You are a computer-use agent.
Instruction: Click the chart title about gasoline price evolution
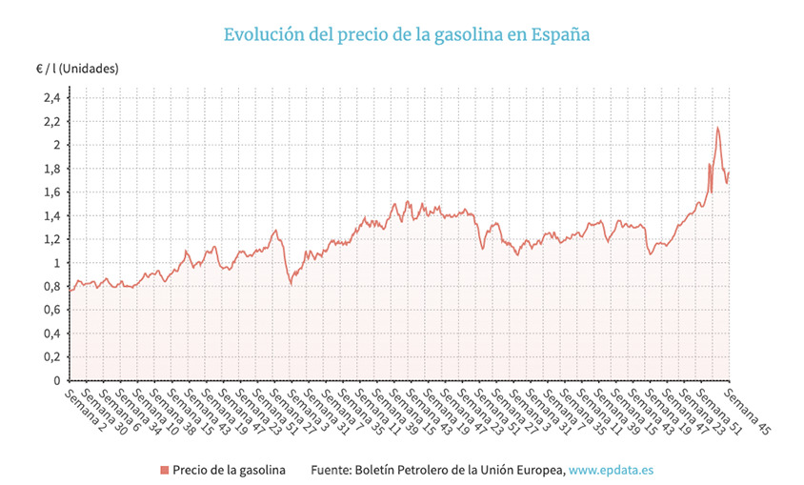(x=407, y=34)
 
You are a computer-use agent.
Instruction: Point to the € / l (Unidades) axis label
(x=77, y=70)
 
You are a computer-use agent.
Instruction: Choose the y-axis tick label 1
(x=56, y=263)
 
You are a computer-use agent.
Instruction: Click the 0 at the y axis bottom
(x=56, y=381)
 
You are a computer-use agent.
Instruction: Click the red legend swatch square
(x=164, y=470)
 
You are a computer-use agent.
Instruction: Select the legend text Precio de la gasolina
(x=229, y=470)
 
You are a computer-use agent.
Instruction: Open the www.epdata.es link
(x=613, y=470)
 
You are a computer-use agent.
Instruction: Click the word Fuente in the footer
(x=332, y=470)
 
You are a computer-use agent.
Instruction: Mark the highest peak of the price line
(x=717, y=128)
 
